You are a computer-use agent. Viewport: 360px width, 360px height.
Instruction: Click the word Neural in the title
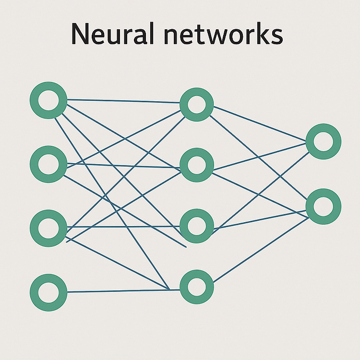(112, 34)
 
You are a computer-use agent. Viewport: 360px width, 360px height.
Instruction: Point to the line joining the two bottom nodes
(123, 291)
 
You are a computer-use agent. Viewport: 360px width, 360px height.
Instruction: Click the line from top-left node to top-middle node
(123, 101)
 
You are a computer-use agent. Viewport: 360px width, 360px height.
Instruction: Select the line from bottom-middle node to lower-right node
(261, 250)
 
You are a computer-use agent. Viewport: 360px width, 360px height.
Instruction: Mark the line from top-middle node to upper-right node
(260, 123)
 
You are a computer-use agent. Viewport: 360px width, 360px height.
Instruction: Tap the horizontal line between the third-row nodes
(123, 227)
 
